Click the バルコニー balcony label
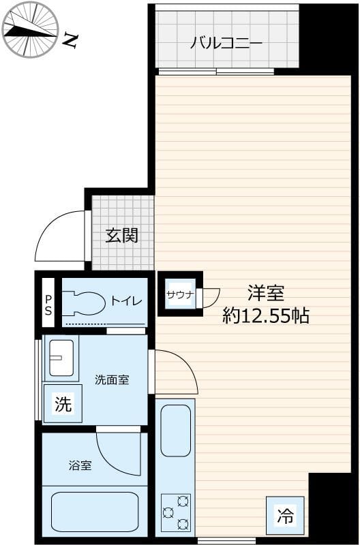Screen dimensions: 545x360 [x=226, y=43]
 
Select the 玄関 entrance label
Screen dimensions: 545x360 [x=122, y=236]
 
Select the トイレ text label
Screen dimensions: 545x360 [x=126, y=300]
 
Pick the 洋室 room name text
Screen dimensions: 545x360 [x=265, y=294]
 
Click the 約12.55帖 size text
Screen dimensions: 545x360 [x=266, y=315]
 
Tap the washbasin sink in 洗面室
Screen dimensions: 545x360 [x=61, y=357]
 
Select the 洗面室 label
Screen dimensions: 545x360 [x=112, y=379]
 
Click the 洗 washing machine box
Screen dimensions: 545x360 [x=62, y=405]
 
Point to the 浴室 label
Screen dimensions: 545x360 [x=80, y=466]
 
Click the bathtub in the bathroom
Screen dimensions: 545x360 [x=95, y=511]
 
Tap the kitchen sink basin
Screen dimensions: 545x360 [x=176, y=431]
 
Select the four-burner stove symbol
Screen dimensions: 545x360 [x=175, y=512]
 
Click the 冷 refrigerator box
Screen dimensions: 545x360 [x=285, y=516]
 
